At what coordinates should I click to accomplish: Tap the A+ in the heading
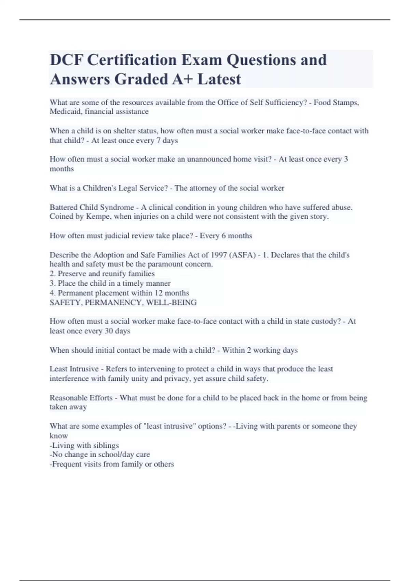[182, 79]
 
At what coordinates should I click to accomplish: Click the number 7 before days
[159, 140]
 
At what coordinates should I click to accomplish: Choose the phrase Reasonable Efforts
[81, 398]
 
